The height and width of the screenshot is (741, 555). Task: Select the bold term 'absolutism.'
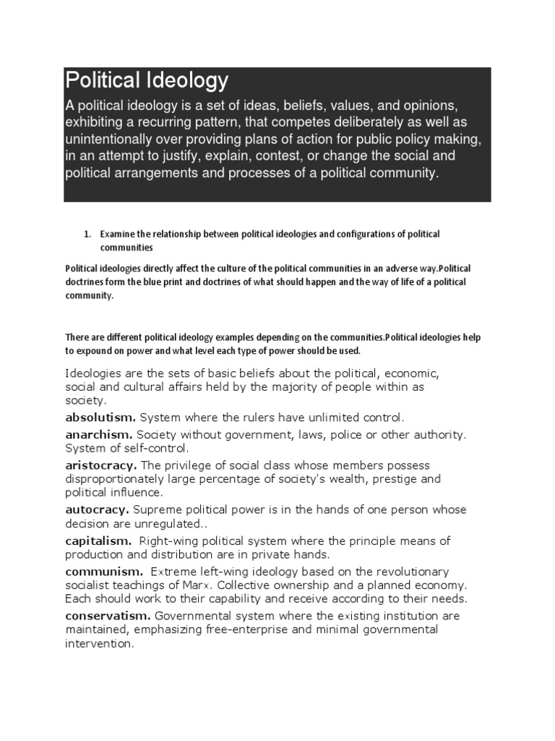click(x=100, y=418)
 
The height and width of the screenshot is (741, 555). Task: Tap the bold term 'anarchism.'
click(x=98, y=435)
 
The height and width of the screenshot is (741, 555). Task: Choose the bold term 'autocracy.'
click(x=98, y=509)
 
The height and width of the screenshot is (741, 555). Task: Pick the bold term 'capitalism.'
click(x=98, y=541)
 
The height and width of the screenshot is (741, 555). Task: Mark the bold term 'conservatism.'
click(x=108, y=616)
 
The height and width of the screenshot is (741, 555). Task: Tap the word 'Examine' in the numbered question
click(x=117, y=234)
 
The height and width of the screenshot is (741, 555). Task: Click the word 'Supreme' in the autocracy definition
click(x=159, y=509)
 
